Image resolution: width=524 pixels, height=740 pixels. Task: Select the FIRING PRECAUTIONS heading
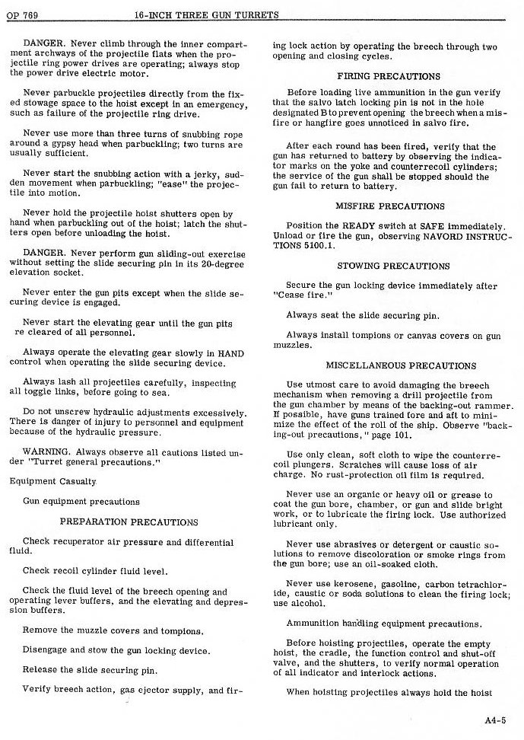[388, 76]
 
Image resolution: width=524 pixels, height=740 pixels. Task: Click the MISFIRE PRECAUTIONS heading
[389, 206]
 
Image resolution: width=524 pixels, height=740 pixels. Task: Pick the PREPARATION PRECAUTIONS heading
[129, 522]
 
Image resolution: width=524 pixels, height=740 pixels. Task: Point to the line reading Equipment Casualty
[53, 481]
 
